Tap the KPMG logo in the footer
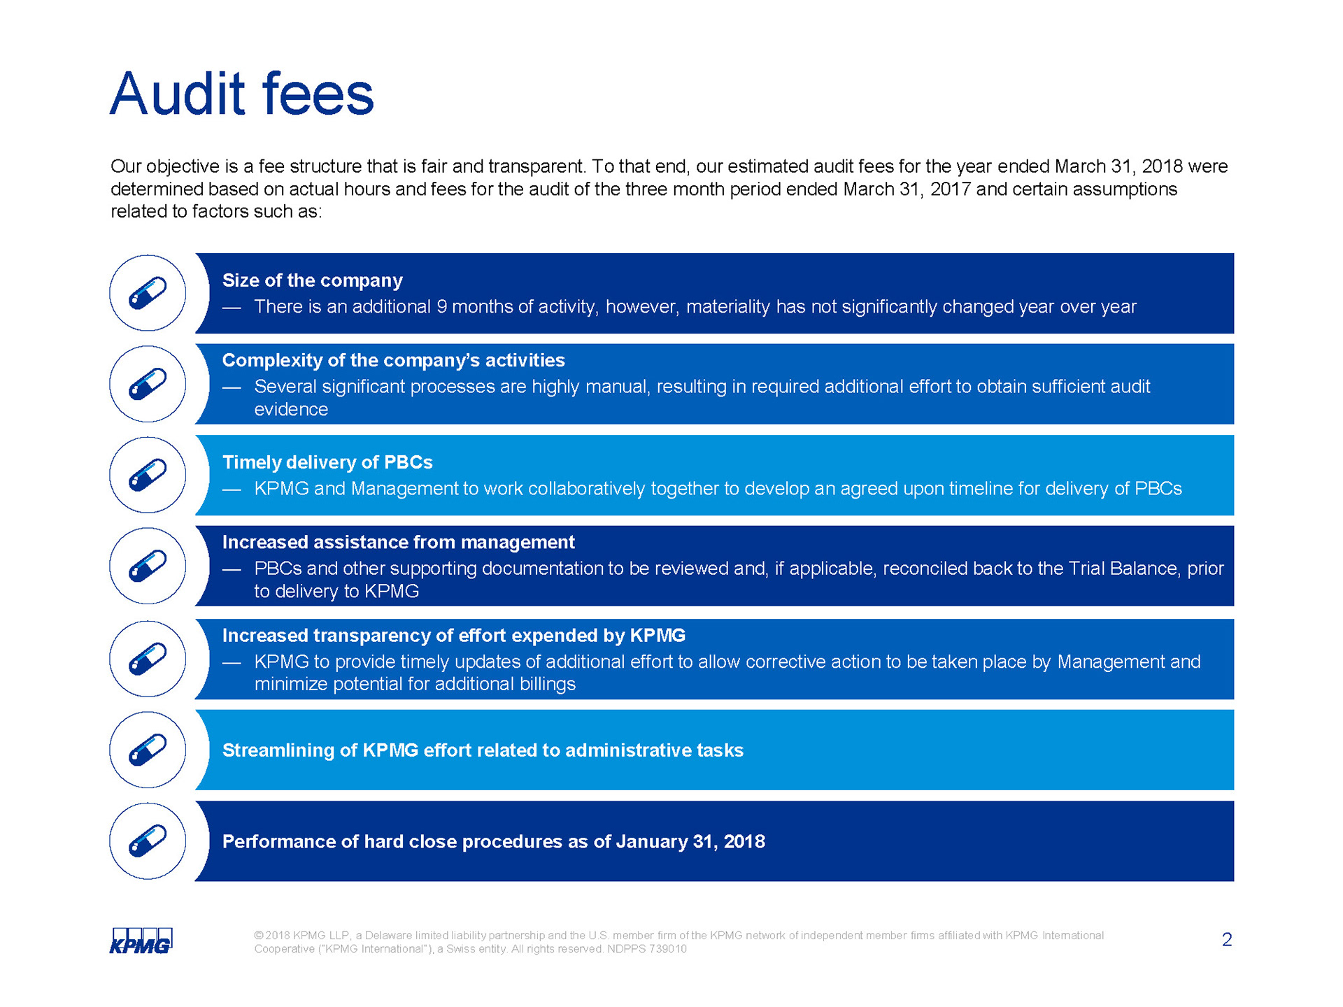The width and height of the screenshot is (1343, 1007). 141,941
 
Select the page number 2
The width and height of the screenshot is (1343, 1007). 1227,940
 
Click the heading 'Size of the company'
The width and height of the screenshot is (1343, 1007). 312,280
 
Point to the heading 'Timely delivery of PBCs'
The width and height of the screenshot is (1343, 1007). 327,462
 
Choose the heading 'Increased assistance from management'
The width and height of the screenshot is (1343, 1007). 398,542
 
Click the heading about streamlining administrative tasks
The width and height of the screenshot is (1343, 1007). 483,750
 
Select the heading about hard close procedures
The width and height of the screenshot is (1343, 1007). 493,841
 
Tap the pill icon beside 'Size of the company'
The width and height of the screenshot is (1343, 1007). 148,293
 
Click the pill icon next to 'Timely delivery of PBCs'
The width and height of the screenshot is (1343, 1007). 148,475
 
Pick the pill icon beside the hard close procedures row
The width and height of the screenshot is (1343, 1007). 148,841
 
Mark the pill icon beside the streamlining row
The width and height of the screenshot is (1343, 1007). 148,750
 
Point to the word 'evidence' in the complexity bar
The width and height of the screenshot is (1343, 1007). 291,409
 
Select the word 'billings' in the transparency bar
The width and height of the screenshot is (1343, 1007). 547,684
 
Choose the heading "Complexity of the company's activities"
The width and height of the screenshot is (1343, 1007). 393,360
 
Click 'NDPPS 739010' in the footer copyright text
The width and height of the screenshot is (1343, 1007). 647,949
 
